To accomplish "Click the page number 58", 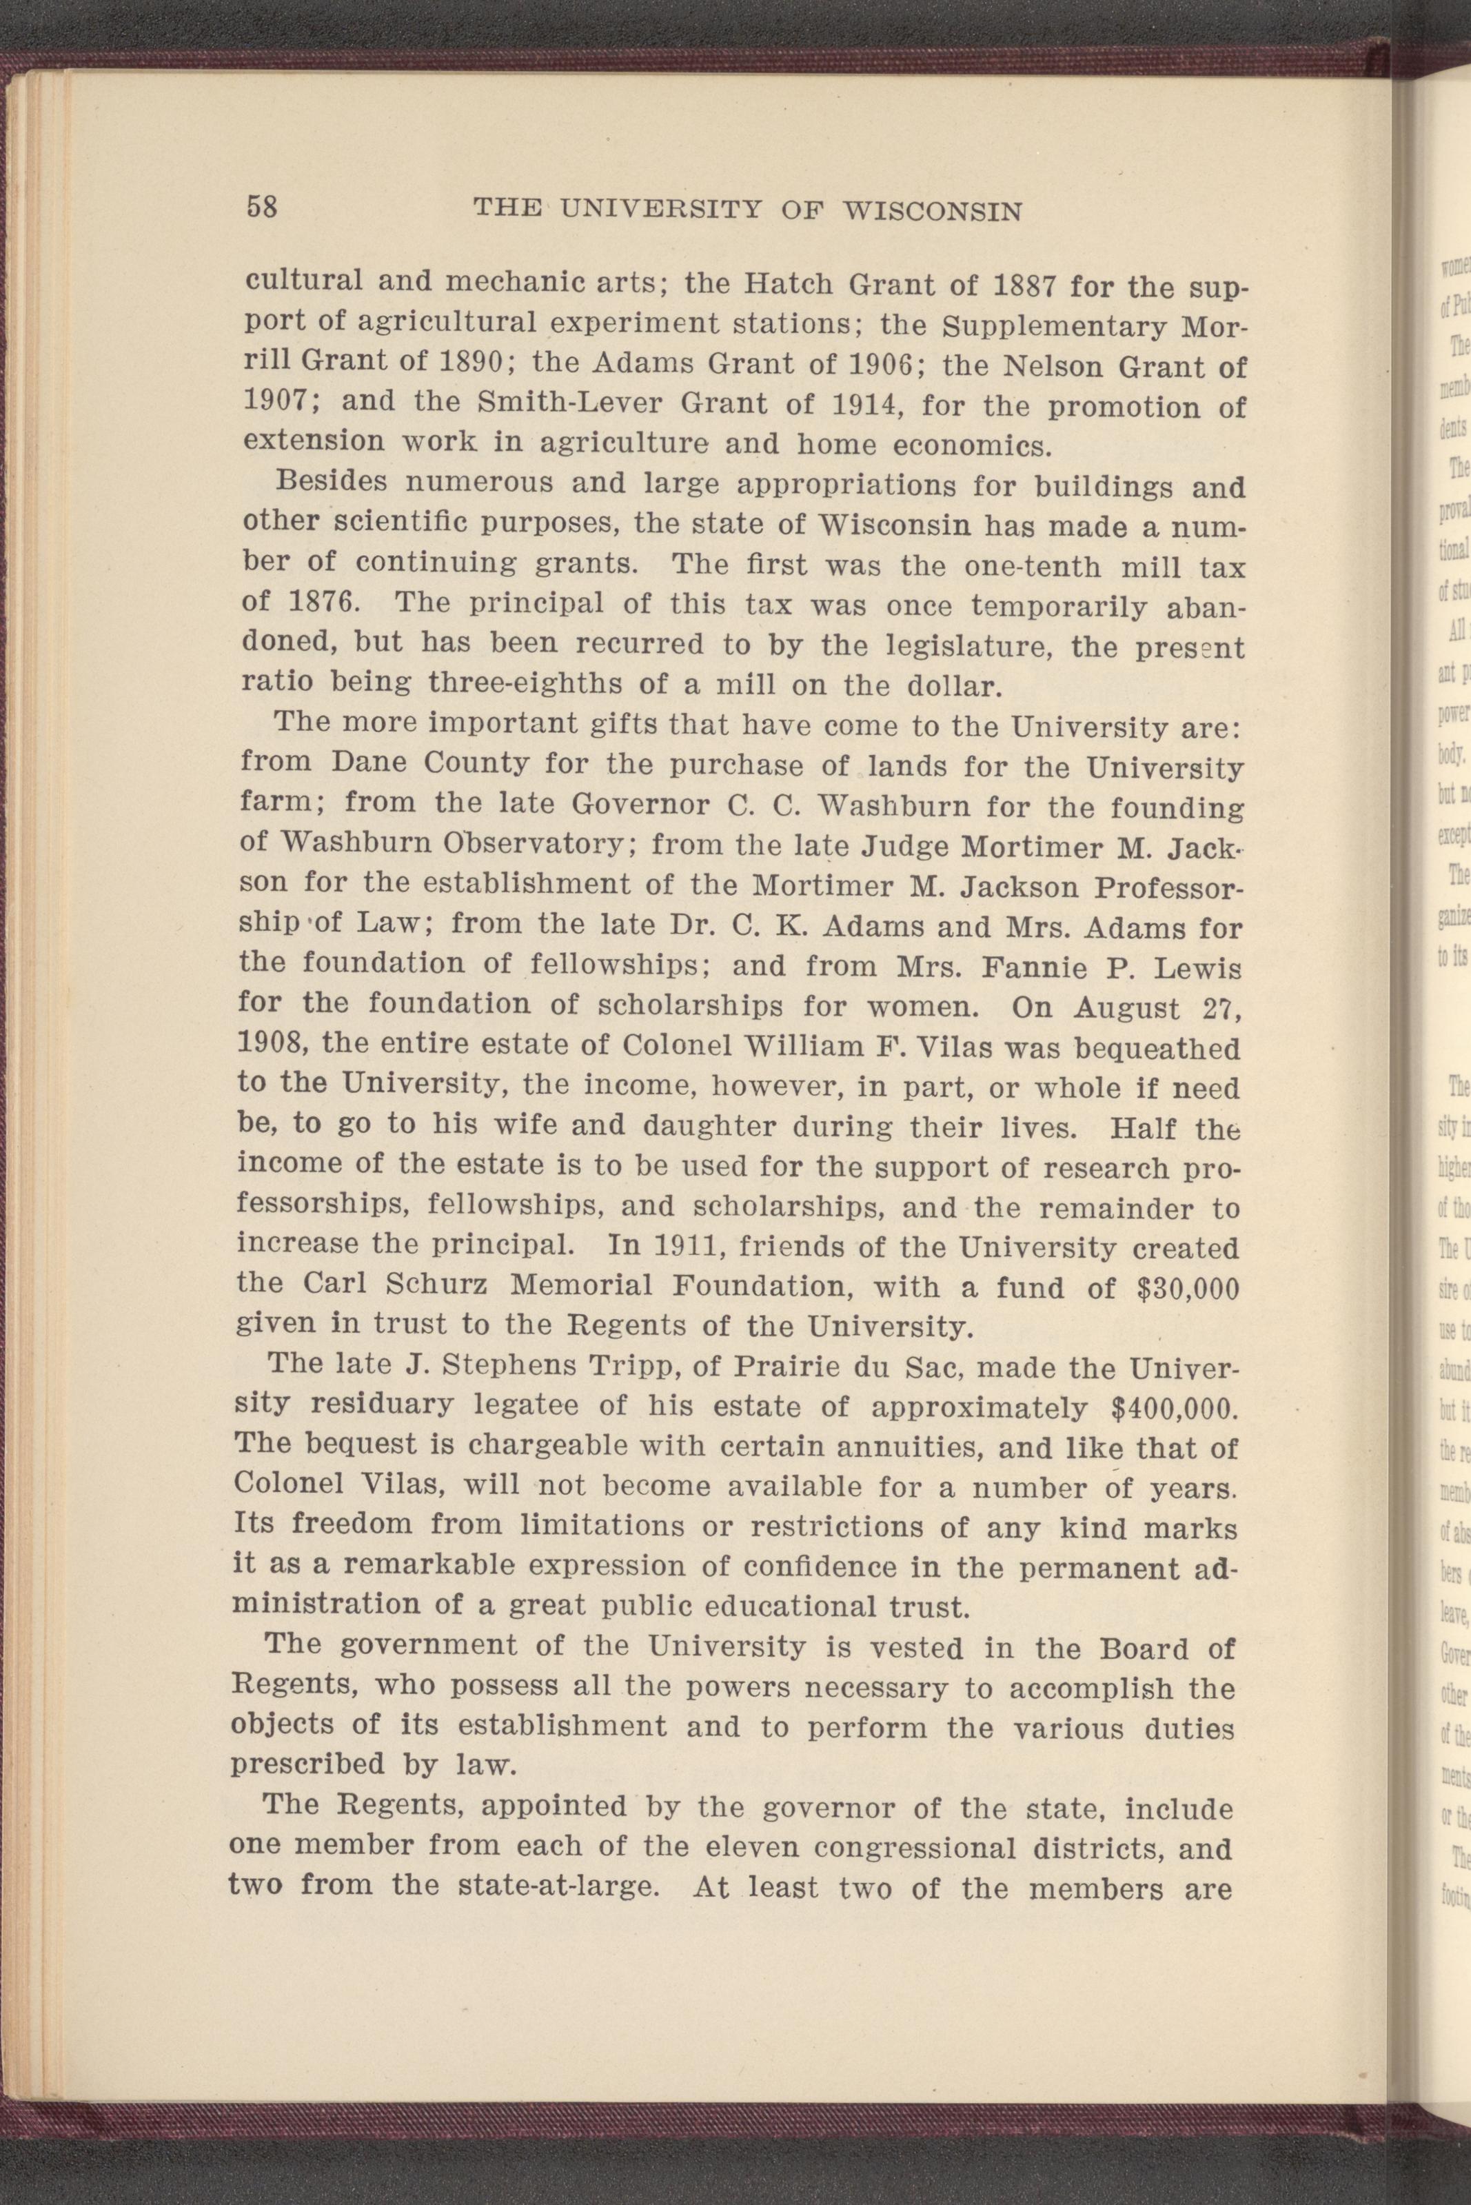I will (262, 206).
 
